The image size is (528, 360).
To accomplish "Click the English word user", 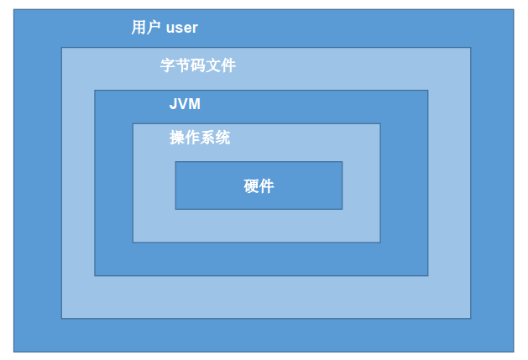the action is tap(182, 28).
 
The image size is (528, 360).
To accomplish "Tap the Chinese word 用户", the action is tap(147, 28).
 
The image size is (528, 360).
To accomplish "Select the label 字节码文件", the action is tap(198, 65).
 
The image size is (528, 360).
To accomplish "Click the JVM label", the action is tap(185, 105).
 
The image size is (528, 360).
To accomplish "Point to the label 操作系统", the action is tap(200, 138).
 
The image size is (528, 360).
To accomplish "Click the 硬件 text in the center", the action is tap(259, 186).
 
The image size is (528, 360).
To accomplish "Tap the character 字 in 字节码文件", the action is tap(168, 65).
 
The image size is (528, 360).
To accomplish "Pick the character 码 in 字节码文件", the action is tap(198, 65).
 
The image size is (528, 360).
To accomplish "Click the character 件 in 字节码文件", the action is tap(228, 65).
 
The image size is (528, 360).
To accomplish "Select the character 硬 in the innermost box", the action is tap(251, 186).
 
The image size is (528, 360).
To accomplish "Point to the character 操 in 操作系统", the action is tap(177, 138).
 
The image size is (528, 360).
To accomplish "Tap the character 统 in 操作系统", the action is tap(222, 138).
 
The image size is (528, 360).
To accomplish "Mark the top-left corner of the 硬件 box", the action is tap(175, 162).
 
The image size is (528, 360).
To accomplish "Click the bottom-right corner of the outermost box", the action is tap(513, 351).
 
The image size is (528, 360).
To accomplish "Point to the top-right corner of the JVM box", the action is tap(428, 91).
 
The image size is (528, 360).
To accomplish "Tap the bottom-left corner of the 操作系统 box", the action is tap(133, 243).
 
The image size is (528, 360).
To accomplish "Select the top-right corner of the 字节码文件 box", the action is tap(470, 48).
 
